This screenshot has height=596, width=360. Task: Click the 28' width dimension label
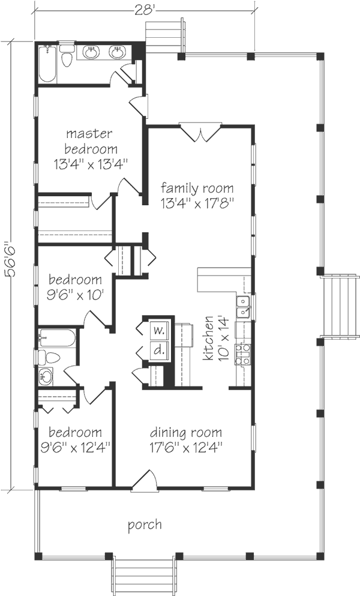pos(145,10)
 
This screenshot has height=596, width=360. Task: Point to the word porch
pos(145,525)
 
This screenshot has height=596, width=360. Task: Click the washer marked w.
pos(159,330)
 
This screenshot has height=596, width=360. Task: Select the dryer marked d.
pos(159,350)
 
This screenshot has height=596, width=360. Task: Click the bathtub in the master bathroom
pos(47,64)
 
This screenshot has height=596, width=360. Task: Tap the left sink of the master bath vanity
pos(91,52)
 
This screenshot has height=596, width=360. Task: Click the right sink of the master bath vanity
pos(117,52)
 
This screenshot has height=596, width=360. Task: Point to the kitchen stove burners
pos(242,354)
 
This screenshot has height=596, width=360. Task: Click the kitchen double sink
pos(242,306)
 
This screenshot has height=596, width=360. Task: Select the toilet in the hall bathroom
pos(49,357)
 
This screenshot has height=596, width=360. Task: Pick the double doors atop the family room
pos(200,132)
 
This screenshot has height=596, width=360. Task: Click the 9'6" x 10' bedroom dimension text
pos(75,294)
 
